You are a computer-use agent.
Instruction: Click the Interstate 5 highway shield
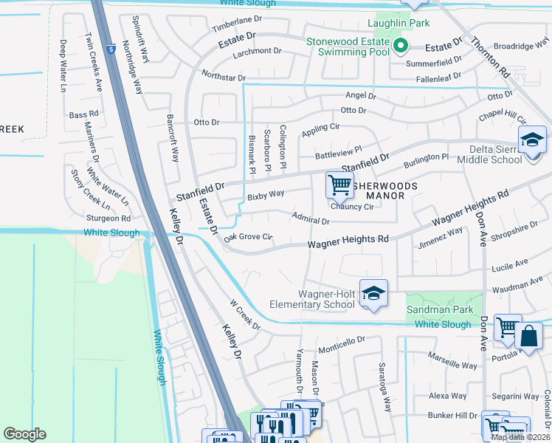(110, 49)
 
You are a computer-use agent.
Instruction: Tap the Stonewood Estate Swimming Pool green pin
(400, 47)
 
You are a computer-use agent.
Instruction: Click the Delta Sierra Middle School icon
(531, 140)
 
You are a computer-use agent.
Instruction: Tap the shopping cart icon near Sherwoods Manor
(339, 185)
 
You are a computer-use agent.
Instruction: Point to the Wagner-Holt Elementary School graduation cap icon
(373, 295)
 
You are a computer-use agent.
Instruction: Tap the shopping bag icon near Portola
(529, 337)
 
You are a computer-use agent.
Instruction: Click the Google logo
(25, 434)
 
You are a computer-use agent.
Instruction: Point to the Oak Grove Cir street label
(249, 237)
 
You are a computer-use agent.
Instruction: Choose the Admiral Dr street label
(310, 220)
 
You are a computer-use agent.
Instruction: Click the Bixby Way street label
(266, 195)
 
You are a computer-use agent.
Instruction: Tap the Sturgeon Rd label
(108, 219)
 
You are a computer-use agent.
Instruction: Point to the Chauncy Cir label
(352, 207)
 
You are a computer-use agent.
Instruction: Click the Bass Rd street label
(83, 115)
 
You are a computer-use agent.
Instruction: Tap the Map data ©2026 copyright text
(520, 437)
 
